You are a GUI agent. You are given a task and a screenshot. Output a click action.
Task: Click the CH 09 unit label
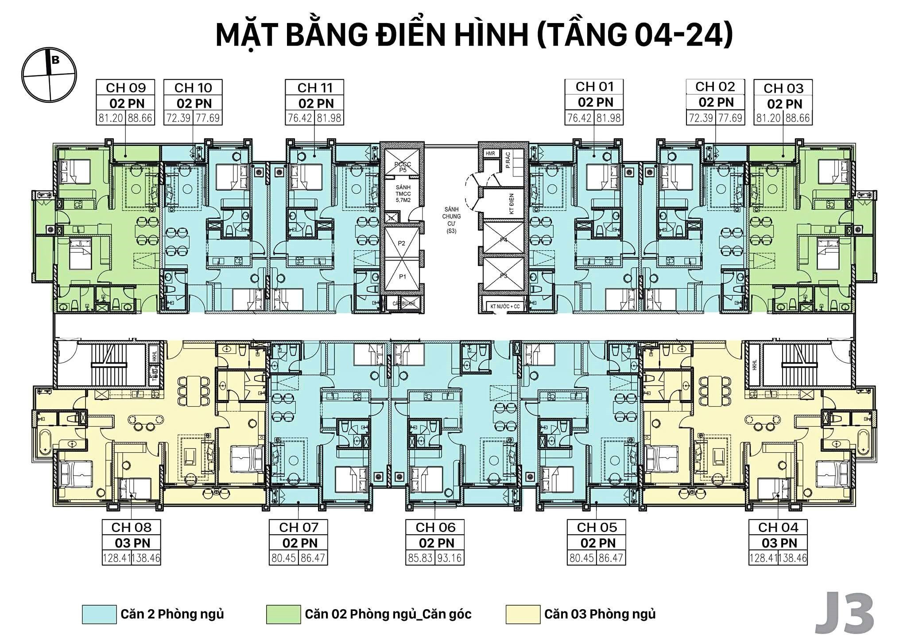125,88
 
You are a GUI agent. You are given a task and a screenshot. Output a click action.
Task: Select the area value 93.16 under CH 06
450,558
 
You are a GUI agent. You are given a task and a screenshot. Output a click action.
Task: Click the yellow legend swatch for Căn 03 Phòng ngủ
523,615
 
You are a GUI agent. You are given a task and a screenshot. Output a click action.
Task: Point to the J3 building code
845,615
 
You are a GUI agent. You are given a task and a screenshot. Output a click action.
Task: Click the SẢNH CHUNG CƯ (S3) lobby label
451,220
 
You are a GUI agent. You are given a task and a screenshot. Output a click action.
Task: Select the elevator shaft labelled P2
402,243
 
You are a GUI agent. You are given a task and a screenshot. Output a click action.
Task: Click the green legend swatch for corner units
283,615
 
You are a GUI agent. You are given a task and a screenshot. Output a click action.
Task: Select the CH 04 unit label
778,527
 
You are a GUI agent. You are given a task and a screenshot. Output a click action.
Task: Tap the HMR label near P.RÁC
490,154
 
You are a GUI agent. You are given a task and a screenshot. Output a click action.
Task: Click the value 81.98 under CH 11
328,118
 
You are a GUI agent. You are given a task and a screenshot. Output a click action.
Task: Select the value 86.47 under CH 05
611,558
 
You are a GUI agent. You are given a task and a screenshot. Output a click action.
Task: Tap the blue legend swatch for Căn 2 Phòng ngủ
99,615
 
